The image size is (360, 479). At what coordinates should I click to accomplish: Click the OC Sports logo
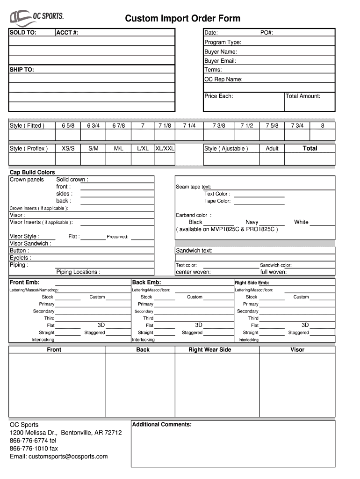[36, 17]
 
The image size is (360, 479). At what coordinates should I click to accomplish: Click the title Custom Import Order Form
[182, 18]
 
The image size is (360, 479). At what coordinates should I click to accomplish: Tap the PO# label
[266, 33]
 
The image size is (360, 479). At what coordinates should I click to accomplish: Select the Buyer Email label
[220, 61]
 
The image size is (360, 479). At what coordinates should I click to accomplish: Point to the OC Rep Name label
[223, 79]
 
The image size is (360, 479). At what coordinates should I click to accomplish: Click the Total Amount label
[302, 96]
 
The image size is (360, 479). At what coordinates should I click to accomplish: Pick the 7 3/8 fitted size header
[218, 125]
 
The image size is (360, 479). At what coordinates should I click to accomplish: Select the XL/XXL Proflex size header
[165, 148]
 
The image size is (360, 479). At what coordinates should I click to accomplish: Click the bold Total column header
[310, 148]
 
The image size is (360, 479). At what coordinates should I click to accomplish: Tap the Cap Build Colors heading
[32, 173]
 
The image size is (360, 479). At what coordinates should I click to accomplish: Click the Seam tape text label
[193, 187]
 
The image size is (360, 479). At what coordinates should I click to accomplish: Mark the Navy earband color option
[252, 222]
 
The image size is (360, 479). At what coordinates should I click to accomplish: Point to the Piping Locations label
[78, 272]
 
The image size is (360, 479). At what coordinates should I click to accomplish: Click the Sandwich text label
[194, 250]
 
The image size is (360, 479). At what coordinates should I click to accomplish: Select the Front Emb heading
[25, 283]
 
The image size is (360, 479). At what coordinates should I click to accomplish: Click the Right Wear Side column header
[209, 349]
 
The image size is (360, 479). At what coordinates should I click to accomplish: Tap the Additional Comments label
[162, 424]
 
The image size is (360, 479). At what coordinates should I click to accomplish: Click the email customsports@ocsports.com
[58, 456]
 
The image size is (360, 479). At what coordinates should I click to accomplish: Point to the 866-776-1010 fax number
[34, 448]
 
